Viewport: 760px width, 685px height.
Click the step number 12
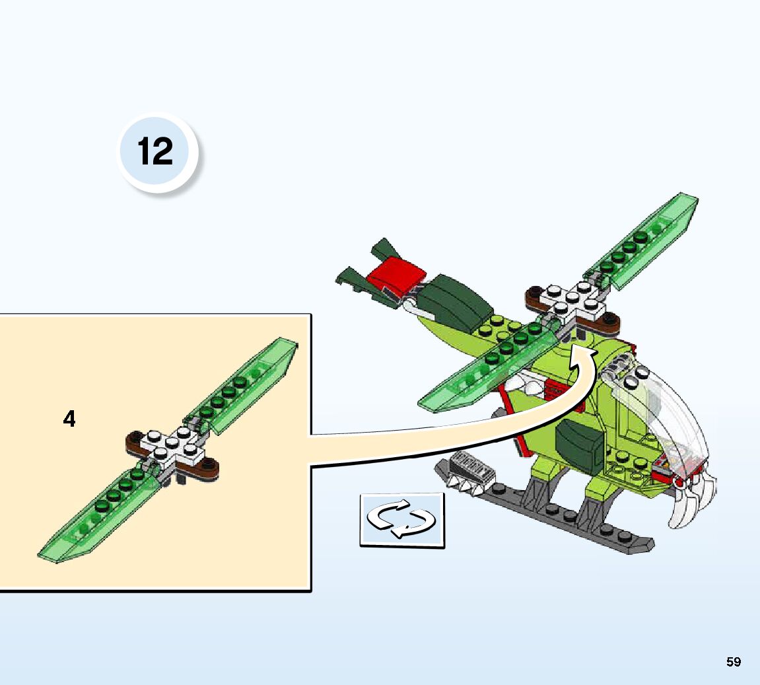(x=155, y=151)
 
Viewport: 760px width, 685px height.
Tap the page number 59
(x=734, y=662)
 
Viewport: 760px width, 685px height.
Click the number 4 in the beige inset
(x=69, y=419)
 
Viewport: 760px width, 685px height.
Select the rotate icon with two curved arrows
(x=402, y=520)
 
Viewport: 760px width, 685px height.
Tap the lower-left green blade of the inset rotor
(x=97, y=514)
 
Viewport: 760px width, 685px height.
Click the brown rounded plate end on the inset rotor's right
(x=206, y=469)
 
